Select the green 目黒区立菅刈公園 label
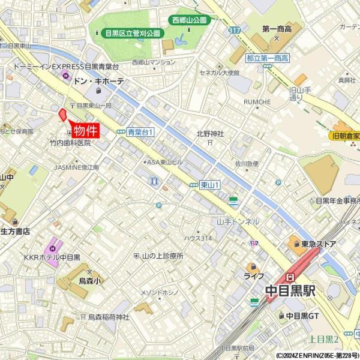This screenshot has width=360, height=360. click(132, 34)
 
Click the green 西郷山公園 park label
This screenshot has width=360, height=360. click(189, 20)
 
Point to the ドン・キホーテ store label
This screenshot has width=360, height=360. click(98, 81)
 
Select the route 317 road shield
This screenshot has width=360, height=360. click(234, 29)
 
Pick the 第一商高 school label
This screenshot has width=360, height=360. click(277, 28)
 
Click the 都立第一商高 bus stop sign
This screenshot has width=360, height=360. click(268, 58)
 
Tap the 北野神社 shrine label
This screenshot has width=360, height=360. click(210, 134)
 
